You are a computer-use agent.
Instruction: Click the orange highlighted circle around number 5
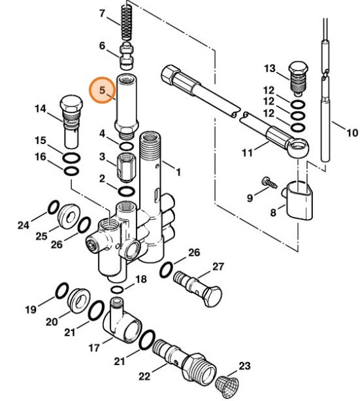(x=101, y=90)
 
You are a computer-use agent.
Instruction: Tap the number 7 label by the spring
(x=102, y=13)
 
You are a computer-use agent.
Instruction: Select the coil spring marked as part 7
(x=127, y=23)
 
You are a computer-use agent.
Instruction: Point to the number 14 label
(x=41, y=109)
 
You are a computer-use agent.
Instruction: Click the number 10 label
(x=352, y=133)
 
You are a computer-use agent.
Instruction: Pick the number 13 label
(x=270, y=69)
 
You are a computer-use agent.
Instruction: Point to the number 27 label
(x=218, y=266)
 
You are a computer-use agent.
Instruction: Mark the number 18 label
(x=140, y=279)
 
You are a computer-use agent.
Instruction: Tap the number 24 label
(x=24, y=225)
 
